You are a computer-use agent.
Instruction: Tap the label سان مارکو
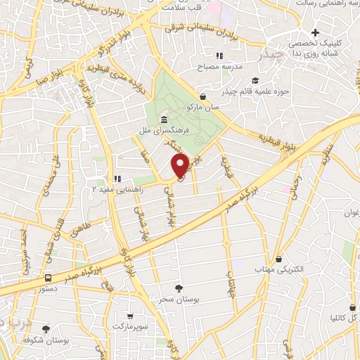pos(202,108)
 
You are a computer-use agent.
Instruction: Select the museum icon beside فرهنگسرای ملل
pos(164,118)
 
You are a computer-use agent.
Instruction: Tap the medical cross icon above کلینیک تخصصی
pos(316,32)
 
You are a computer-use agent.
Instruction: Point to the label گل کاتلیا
pos(334,317)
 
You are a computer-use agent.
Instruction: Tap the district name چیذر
pos(271,53)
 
